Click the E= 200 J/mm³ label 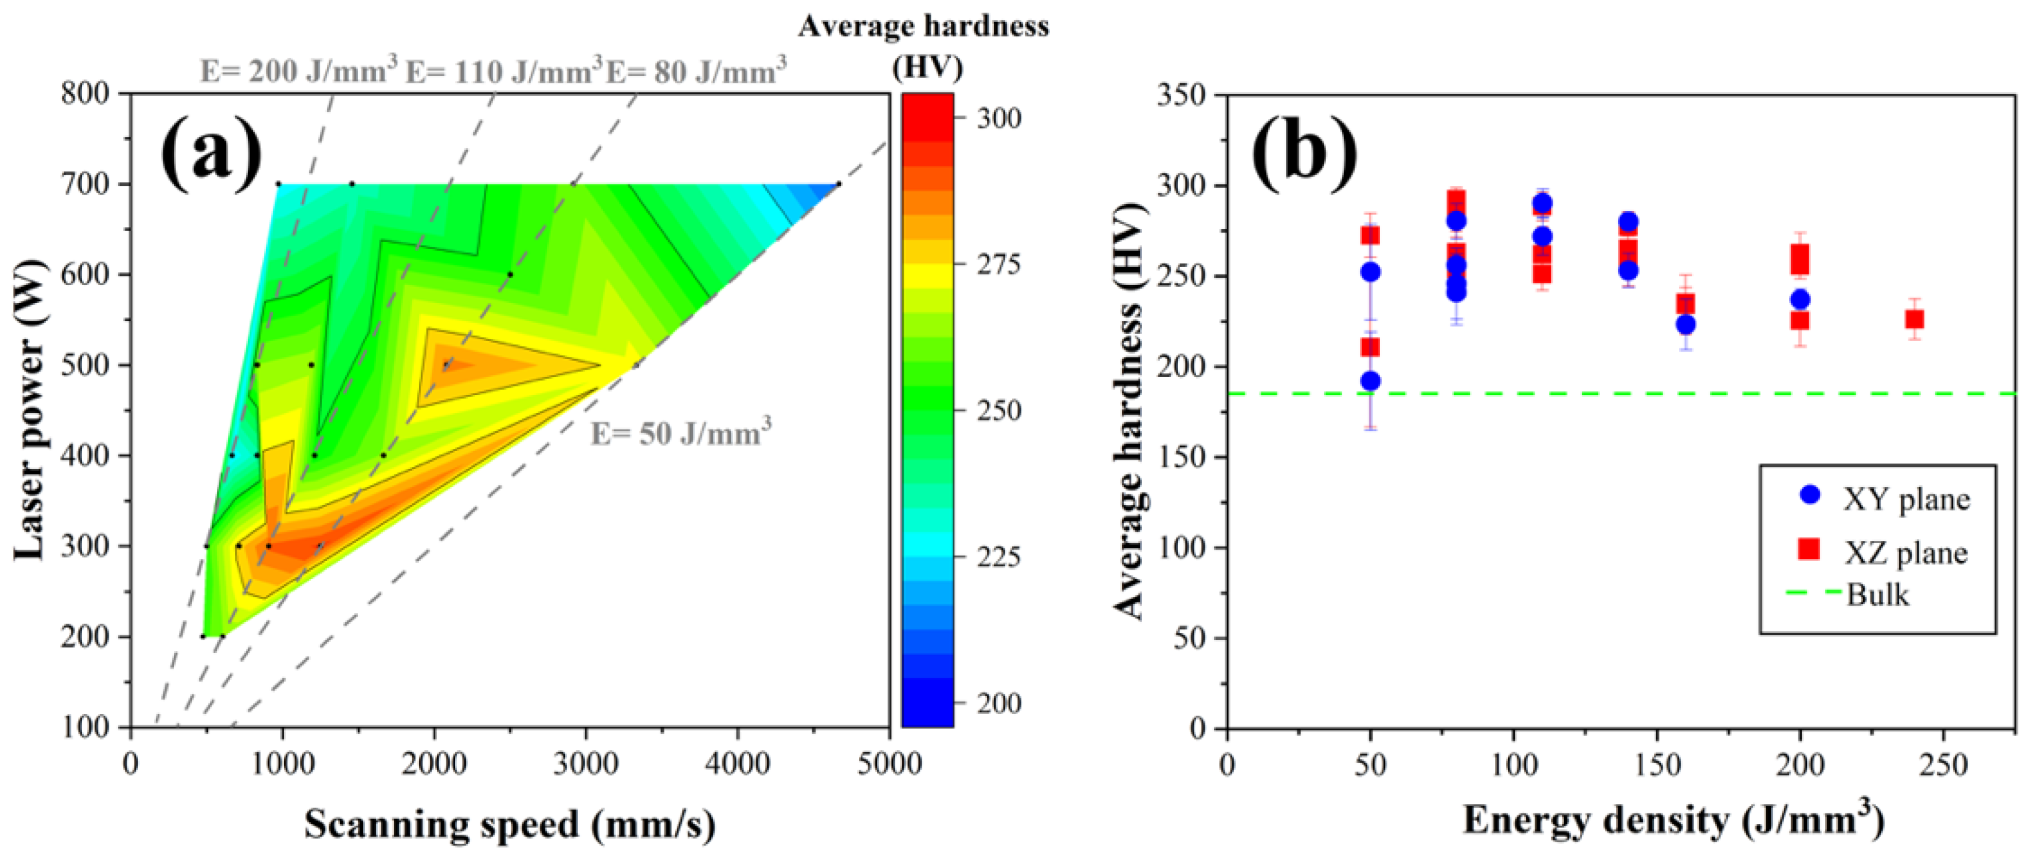(x=298, y=71)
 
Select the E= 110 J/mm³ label (x=504, y=71)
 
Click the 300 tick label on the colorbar (x=998, y=118)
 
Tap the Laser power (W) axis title (x=29, y=410)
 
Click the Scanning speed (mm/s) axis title (x=510, y=825)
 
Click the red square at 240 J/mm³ (x=1914, y=319)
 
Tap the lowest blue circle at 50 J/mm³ (x=1370, y=381)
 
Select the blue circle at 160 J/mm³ (x=1685, y=324)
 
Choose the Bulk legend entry (x=1877, y=594)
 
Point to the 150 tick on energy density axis (x=1657, y=764)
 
